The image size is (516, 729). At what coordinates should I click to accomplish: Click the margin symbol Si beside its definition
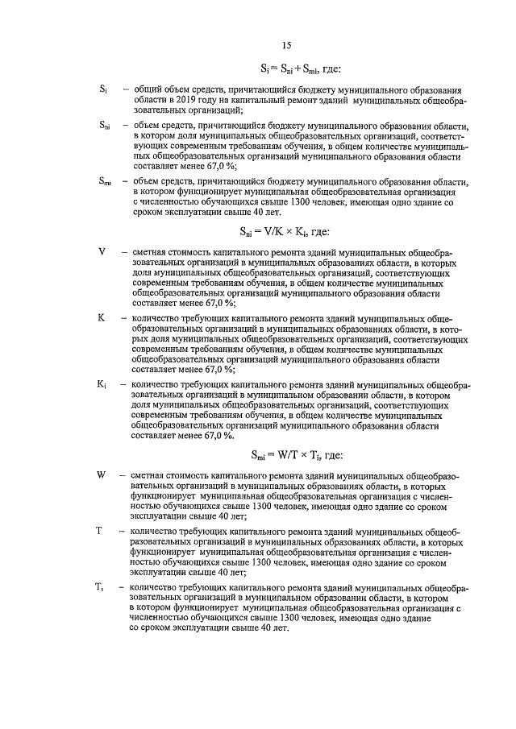(x=104, y=88)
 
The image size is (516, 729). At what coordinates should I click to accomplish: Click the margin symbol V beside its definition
(x=102, y=251)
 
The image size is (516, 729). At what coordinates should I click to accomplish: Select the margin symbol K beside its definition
(x=102, y=318)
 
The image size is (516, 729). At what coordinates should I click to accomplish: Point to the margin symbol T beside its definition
(x=98, y=532)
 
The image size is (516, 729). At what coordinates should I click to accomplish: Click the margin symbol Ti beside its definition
(x=99, y=589)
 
